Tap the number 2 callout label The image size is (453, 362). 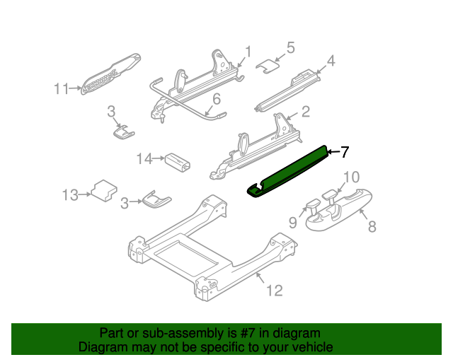click(305, 112)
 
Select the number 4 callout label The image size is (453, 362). click(330, 61)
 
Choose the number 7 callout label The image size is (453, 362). click(345, 151)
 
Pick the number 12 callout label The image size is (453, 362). click(274, 290)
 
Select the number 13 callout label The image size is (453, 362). click(69, 194)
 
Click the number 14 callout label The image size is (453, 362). click(144, 159)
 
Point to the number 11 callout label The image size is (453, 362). click(62, 89)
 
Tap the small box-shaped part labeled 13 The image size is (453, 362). click(105, 189)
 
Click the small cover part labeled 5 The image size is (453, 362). click(266, 65)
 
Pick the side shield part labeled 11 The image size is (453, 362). click(111, 74)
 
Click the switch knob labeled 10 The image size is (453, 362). click(330, 194)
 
